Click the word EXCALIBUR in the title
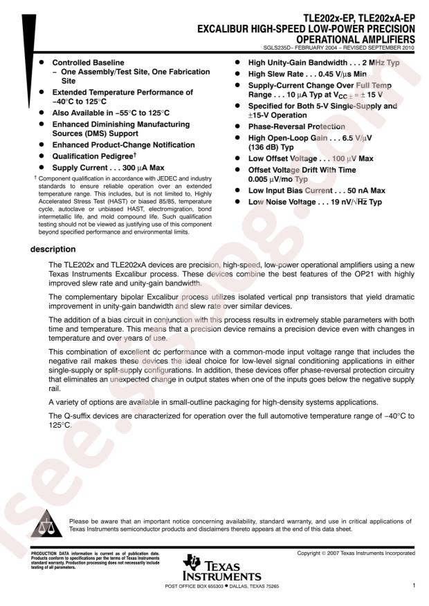coord(225,29)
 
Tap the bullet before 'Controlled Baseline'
coord(44,62)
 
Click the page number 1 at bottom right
coord(412,585)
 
